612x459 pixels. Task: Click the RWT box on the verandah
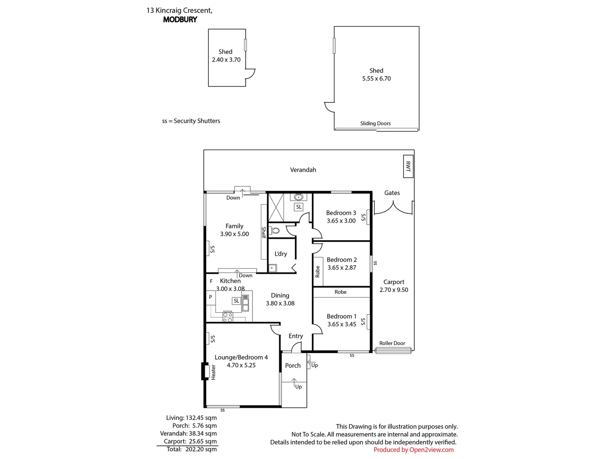[x=408, y=166]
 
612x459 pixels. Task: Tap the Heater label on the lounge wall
[x=213, y=372]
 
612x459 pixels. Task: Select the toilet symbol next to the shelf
[x=275, y=231]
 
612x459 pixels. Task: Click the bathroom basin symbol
[x=298, y=197]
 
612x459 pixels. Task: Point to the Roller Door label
[x=392, y=343]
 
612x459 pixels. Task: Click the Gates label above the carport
[x=392, y=193]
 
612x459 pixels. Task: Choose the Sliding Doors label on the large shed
[x=375, y=123]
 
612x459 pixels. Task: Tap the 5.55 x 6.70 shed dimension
[x=376, y=79]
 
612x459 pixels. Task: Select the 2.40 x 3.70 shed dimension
[x=226, y=60]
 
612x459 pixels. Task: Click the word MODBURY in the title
[x=180, y=20]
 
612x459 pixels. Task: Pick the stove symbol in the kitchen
[x=228, y=317]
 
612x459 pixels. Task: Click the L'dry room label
[x=280, y=254]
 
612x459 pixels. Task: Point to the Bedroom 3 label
[x=341, y=212]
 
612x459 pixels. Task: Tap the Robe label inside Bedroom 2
[x=317, y=272]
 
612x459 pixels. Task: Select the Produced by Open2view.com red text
[x=414, y=450]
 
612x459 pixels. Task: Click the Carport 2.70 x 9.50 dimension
[x=394, y=290]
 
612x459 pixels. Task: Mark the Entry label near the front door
[x=295, y=336]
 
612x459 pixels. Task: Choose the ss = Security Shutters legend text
[x=191, y=121]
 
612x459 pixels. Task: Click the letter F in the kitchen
[x=211, y=281]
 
